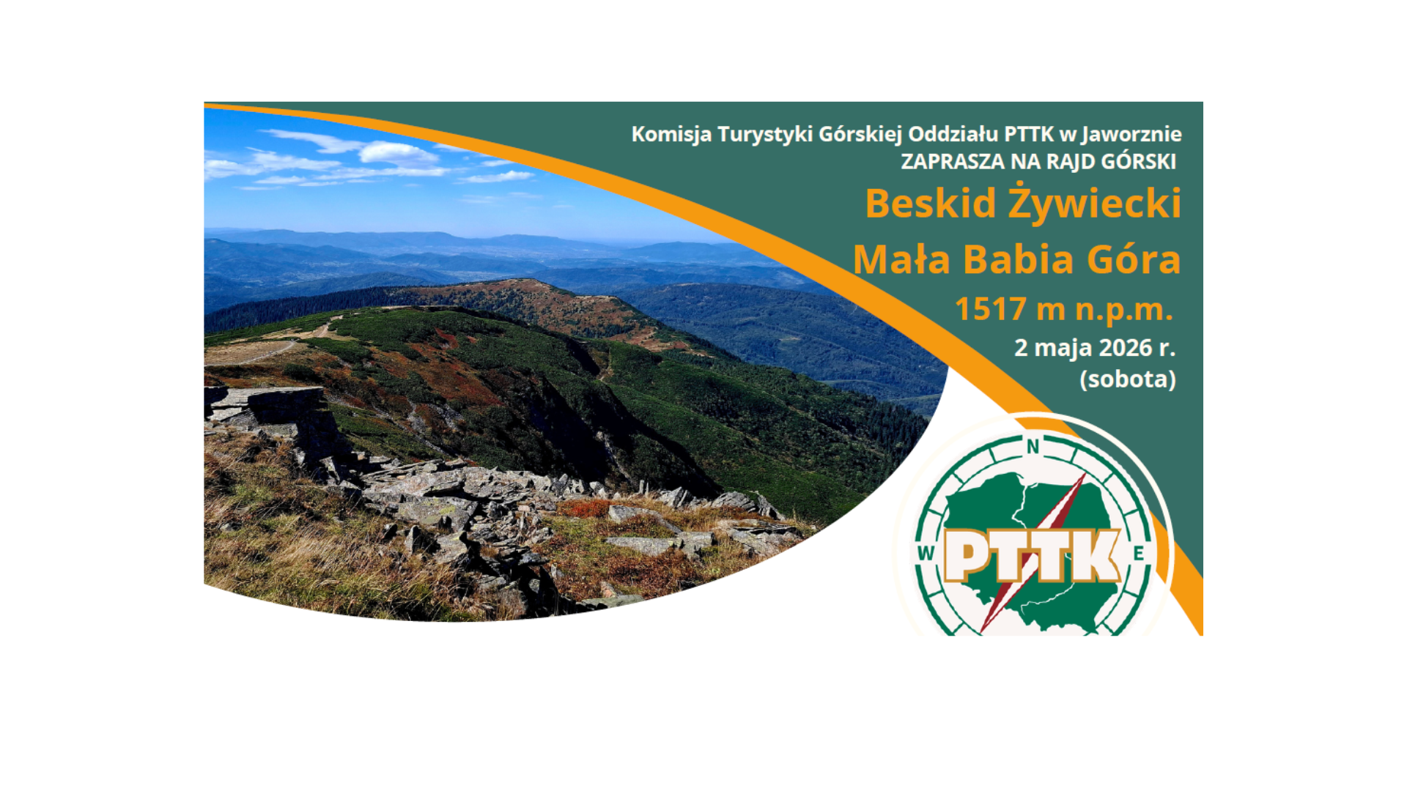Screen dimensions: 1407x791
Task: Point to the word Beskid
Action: click(x=931, y=203)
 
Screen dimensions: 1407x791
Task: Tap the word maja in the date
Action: click(x=1059, y=349)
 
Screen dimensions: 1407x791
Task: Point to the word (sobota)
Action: click(x=1128, y=379)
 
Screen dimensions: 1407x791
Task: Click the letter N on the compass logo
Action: click(x=1033, y=446)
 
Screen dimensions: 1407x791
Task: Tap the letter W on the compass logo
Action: click(x=926, y=553)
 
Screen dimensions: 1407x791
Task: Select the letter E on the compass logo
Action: click(x=1139, y=553)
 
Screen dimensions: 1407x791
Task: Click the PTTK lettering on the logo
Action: click(x=1033, y=555)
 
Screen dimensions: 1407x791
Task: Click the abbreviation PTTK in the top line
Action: click(x=1029, y=135)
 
